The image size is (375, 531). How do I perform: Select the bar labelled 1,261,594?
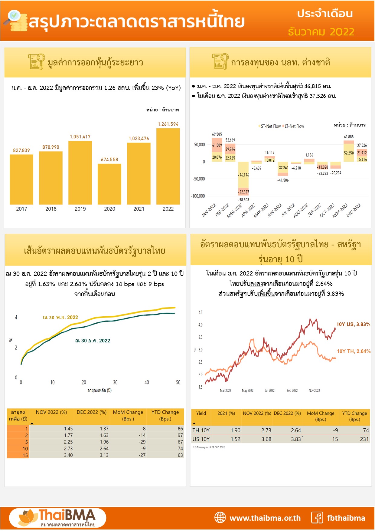[x=168, y=167]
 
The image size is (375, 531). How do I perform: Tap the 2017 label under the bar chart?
[x=21, y=209]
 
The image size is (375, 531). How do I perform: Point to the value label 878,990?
[x=51, y=147]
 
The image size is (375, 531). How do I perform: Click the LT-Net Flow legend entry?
[x=294, y=126]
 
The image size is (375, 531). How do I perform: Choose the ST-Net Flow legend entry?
[x=270, y=126]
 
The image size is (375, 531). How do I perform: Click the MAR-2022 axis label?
[x=235, y=211]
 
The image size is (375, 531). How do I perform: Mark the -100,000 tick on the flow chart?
[x=198, y=196]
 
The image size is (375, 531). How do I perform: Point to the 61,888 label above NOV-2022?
[x=349, y=137]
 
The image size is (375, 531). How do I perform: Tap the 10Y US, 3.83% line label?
[x=354, y=324]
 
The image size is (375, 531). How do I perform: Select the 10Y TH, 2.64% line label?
[x=354, y=351]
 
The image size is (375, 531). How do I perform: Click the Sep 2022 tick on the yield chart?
[x=292, y=391]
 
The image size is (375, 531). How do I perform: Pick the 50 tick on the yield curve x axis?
[x=178, y=382]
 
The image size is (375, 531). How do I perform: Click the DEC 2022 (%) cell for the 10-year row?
[x=104, y=449]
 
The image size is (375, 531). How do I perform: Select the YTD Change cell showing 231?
[x=364, y=439]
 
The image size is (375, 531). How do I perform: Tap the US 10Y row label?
[x=201, y=439]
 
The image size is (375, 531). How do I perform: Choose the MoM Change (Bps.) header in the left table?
[x=128, y=415]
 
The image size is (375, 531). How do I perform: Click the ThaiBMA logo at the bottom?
[x=57, y=518]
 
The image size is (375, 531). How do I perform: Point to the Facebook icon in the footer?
[x=317, y=518]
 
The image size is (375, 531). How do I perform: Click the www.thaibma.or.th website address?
[x=265, y=518]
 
